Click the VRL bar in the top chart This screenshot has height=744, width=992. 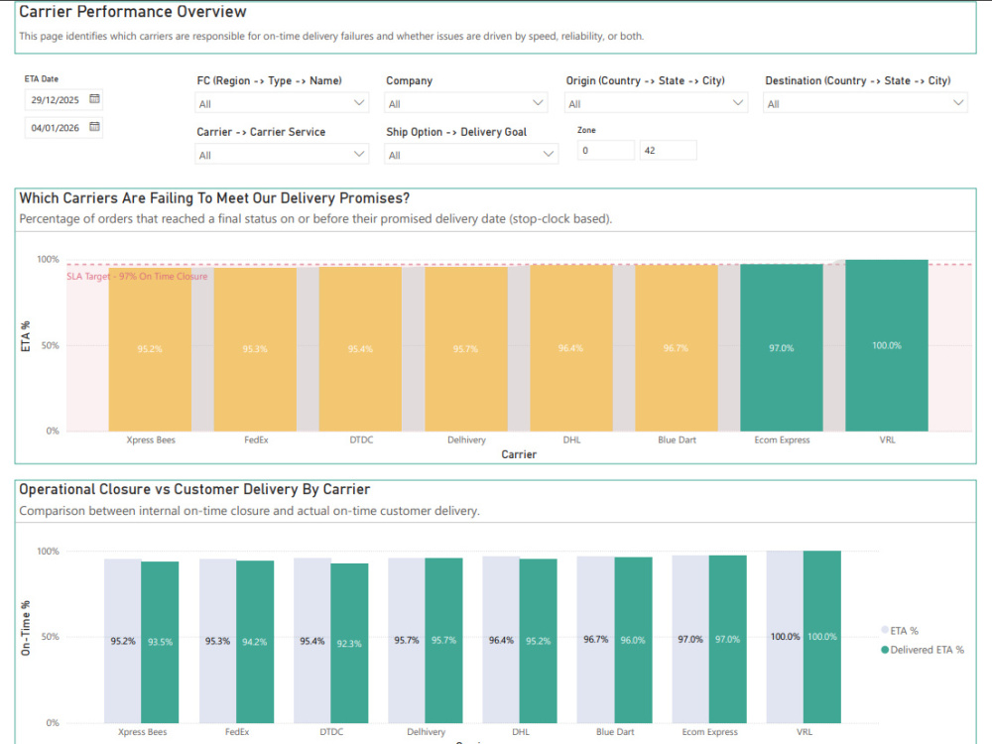(886, 345)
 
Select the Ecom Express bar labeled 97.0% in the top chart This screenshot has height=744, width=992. (782, 348)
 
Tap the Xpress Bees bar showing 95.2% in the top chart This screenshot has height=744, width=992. (150, 350)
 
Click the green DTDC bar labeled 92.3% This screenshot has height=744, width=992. (349, 644)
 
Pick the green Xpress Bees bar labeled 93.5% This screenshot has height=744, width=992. (160, 642)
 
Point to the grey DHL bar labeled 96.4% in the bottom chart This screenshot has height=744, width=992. (501, 640)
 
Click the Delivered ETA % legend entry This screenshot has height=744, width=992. (923, 650)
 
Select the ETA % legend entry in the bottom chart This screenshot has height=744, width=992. (900, 631)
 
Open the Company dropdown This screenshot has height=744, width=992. (465, 103)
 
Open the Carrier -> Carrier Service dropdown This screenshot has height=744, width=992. (282, 155)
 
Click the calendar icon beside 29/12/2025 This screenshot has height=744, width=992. (94, 98)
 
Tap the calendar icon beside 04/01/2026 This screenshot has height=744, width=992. (94, 127)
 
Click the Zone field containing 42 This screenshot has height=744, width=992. (668, 150)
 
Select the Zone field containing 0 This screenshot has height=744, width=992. (605, 150)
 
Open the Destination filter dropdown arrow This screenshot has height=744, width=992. (958, 102)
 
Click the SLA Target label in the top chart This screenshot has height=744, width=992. (137, 277)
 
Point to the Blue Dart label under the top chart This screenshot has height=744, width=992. (677, 439)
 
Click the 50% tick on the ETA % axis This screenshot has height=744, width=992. (50, 345)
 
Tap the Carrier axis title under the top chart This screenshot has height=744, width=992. (519, 454)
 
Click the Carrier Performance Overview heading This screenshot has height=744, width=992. (133, 12)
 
